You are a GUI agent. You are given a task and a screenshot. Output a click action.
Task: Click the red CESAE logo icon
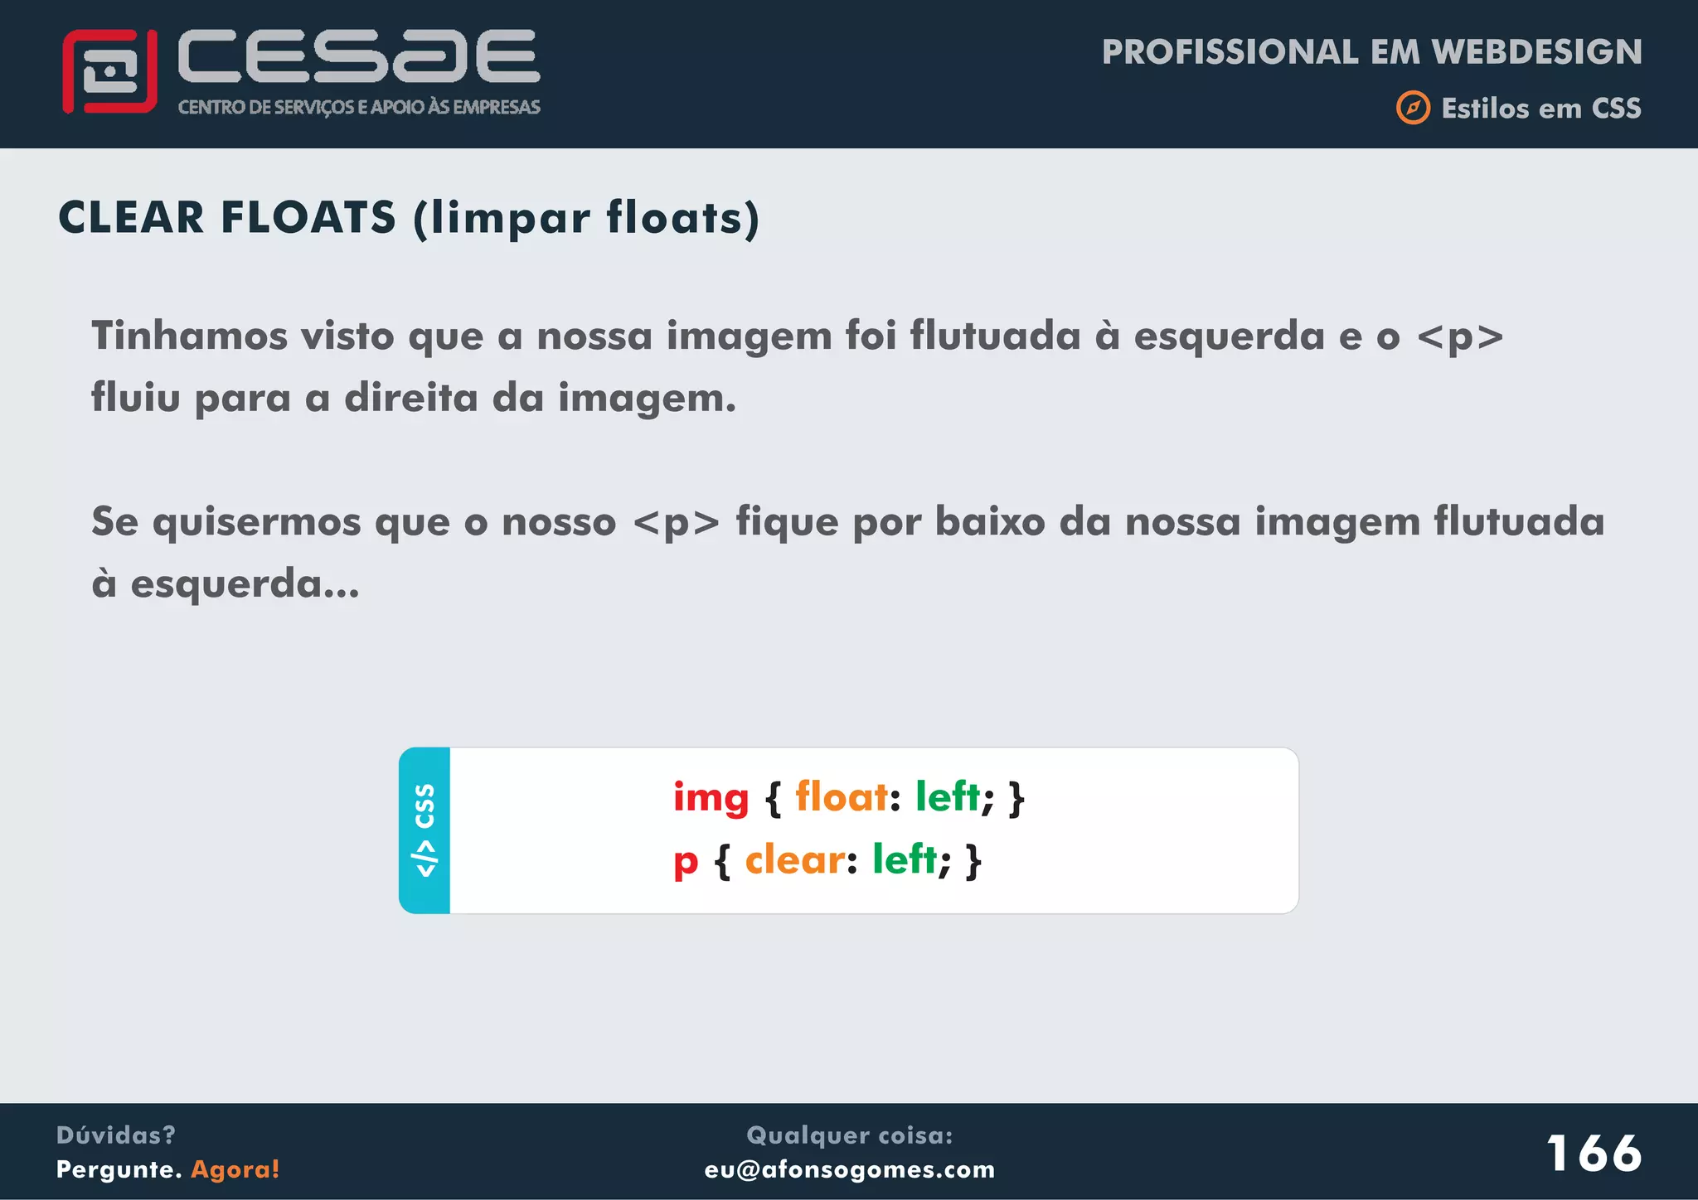109,71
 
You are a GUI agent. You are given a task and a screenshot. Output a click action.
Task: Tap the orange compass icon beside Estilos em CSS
1413,108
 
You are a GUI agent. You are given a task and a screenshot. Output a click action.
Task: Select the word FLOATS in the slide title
308,217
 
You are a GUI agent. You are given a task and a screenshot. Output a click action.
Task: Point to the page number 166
1594,1153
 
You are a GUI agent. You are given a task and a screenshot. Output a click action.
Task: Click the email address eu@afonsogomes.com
850,1169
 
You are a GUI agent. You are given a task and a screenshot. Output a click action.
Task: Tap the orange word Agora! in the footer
235,1169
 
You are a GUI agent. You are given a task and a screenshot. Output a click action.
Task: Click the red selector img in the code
711,798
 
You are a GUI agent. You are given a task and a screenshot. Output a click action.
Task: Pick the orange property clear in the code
795,859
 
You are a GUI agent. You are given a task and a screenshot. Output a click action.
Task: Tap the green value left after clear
905,859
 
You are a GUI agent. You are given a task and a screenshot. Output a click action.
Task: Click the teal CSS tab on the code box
424,830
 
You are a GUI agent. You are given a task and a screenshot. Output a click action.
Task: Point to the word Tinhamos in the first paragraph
190,336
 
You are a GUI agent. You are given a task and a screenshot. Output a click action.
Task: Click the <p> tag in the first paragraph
1460,337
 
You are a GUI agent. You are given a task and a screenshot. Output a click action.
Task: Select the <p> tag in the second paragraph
676,523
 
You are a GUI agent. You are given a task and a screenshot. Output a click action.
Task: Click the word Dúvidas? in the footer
116,1135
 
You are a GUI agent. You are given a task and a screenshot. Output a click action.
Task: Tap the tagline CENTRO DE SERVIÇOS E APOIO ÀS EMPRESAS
359,107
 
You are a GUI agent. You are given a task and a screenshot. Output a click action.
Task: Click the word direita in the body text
411,398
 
